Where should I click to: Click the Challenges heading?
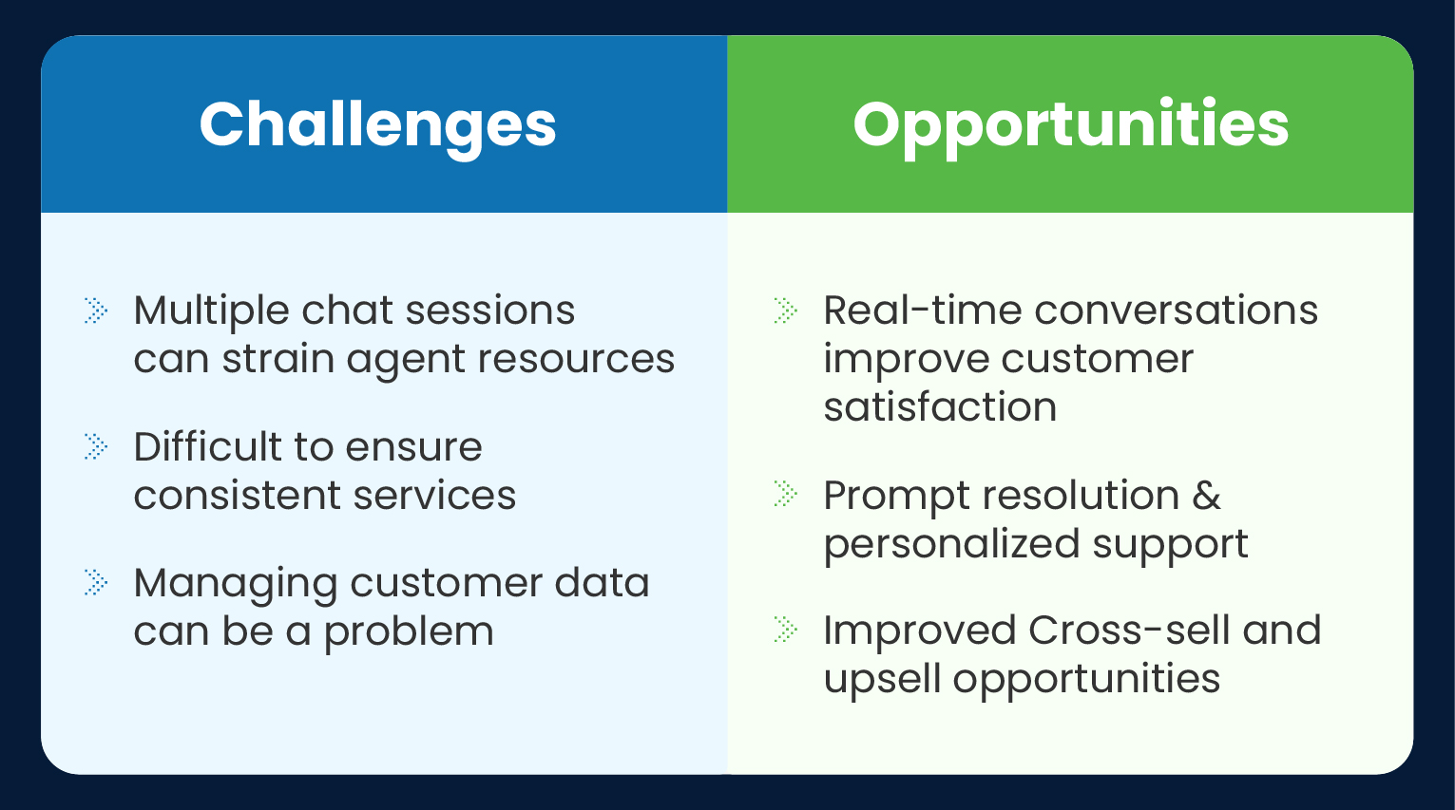click(x=377, y=124)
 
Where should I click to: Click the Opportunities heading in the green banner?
click(x=1070, y=124)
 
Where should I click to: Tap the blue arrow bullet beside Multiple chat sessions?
click(x=96, y=311)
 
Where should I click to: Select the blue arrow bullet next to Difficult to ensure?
click(x=96, y=446)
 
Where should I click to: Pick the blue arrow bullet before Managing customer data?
click(x=96, y=582)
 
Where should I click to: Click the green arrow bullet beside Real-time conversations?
click(x=786, y=311)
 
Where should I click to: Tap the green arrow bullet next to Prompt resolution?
click(x=786, y=494)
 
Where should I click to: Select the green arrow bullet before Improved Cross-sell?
click(x=786, y=630)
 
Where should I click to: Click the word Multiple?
click(x=211, y=311)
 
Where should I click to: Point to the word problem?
click(x=409, y=632)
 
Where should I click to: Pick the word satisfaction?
click(x=940, y=407)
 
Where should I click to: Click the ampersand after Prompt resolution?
click(x=1206, y=495)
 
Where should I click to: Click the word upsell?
click(x=882, y=679)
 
